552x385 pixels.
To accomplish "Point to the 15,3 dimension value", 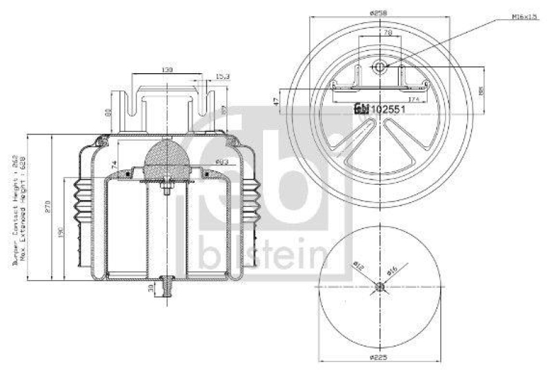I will tap(223, 77).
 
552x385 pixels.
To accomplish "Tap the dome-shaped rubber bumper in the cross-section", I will tap(168, 159).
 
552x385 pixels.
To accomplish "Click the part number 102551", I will tap(386, 109).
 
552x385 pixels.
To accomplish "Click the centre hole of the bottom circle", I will tap(379, 288).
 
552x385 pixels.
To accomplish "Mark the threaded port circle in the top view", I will tap(379, 66).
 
